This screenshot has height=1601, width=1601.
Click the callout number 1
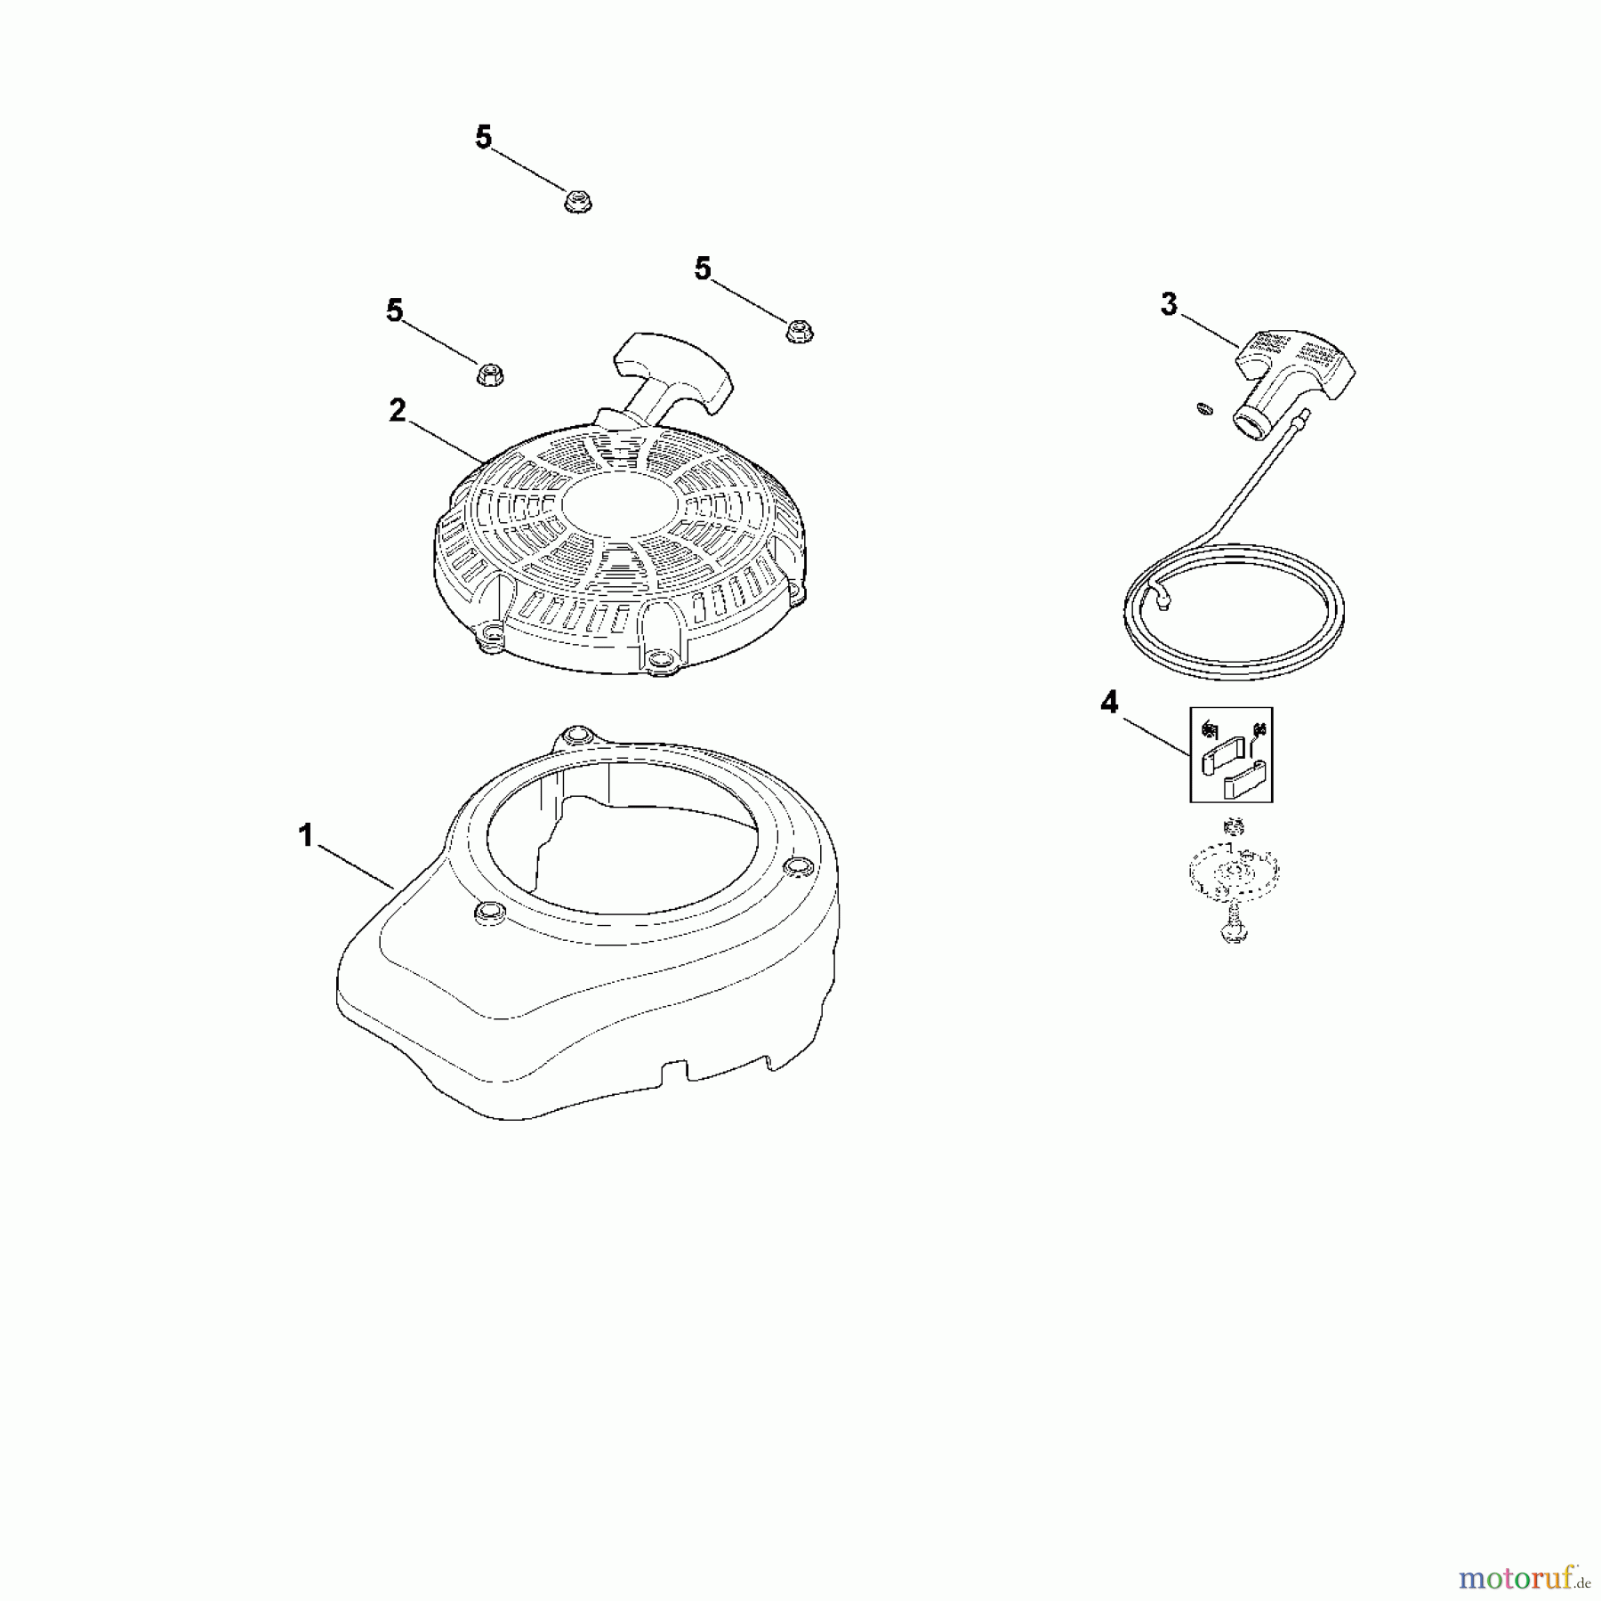click(x=305, y=835)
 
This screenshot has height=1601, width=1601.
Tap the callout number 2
click(x=397, y=410)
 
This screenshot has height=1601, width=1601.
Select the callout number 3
click(x=1169, y=304)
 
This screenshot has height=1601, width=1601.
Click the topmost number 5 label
click(x=483, y=138)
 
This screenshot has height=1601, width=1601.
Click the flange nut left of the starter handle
click(x=488, y=374)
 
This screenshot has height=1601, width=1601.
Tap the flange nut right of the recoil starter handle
click(x=799, y=331)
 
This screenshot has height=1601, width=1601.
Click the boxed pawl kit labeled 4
click(x=1231, y=754)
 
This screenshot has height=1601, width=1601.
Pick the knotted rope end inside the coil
click(x=1160, y=599)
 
